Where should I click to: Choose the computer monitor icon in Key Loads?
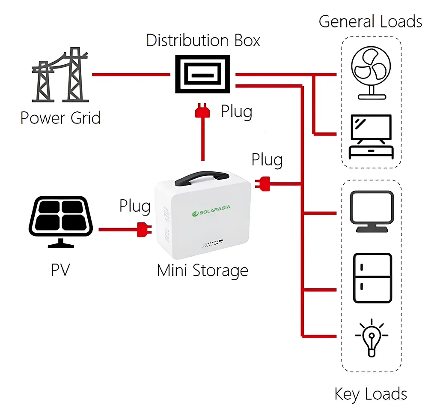372,212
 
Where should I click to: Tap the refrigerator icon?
372,278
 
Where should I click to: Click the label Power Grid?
60,117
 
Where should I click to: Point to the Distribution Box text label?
203,40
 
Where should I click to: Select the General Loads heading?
370,21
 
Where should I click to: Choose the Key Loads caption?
371,393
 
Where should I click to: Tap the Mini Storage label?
202,270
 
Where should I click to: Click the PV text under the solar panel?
60,270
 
